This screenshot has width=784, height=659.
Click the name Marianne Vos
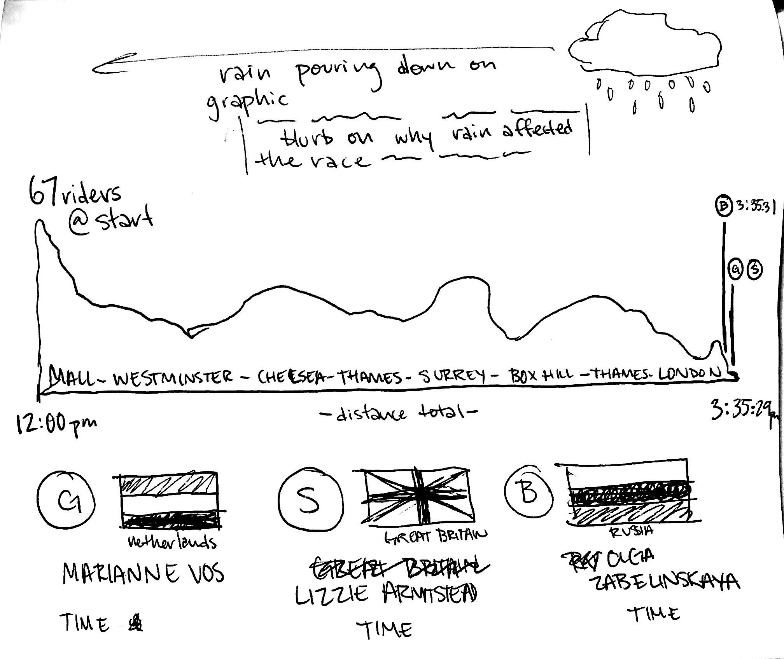[x=143, y=574]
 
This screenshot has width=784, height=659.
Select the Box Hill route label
[x=541, y=375]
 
